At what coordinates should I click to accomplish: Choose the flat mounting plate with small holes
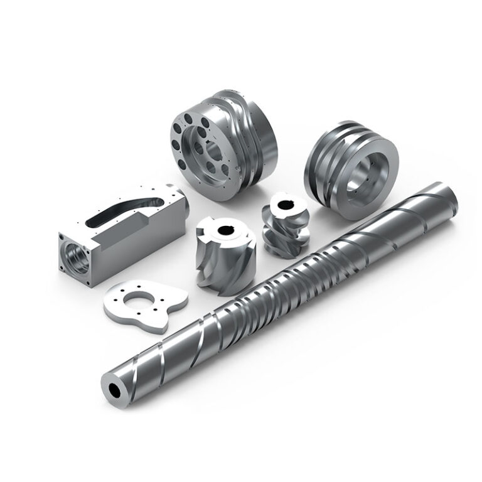144,304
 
